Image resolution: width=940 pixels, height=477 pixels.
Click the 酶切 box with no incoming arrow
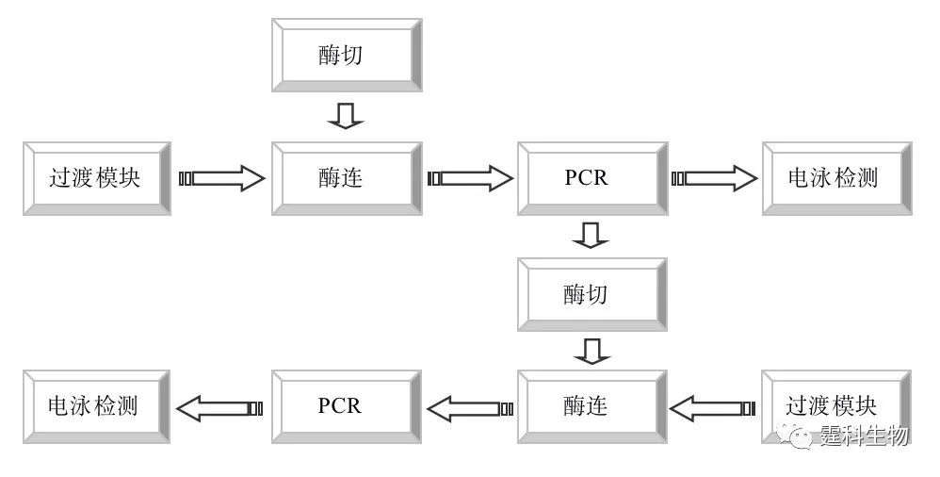(346, 55)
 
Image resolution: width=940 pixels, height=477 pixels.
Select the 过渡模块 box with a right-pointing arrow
(96, 178)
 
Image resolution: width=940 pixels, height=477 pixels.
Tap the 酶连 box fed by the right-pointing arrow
(346, 178)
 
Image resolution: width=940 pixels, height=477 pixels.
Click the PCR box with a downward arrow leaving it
(592, 178)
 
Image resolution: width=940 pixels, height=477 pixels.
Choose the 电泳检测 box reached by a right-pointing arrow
(836, 178)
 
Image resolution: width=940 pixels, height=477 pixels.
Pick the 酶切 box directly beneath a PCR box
(592, 294)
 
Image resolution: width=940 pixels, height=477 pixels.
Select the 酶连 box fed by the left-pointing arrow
(592, 406)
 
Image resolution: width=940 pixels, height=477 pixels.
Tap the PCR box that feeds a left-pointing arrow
(346, 406)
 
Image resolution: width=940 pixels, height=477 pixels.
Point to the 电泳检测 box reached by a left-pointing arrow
(96, 406)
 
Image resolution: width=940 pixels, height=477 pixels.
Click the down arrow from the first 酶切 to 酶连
(346, 116)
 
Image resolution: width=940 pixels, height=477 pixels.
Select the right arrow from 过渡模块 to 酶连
(223, 178)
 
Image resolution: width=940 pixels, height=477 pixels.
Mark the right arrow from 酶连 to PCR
(470, 178)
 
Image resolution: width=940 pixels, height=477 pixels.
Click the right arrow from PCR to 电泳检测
(715, 178)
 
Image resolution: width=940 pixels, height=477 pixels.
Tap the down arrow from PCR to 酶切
(592, 235)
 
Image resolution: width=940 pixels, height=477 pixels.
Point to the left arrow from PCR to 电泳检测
(219, 408)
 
